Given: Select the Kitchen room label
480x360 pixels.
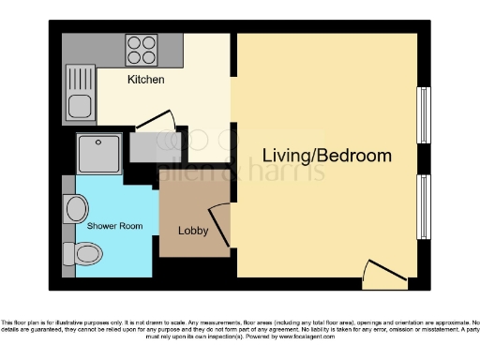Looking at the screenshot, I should pyautogui.click(x=146, y=80).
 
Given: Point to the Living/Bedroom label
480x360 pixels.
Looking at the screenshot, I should pyautogui.click(x=326, y=156).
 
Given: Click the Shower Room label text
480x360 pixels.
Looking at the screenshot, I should pyautogui.click(x=114, y=227).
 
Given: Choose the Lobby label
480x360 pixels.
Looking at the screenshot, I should pyautogui.click(x=193, y=231).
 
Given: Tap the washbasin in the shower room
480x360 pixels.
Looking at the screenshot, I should pyautogui.click(x=74, y=205).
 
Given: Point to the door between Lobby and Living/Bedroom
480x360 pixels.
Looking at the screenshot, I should pyautogui.click(x=217, y=225).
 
